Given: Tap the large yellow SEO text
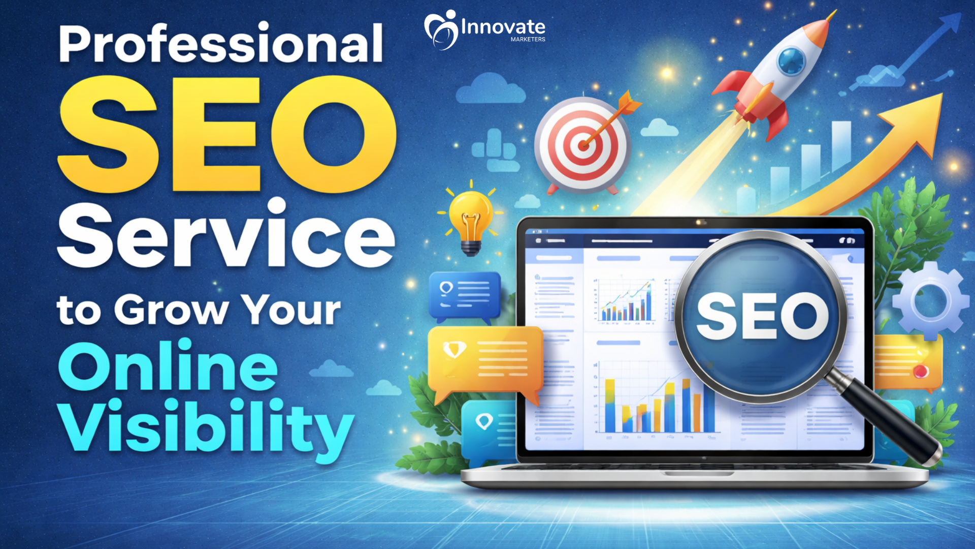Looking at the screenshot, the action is [227, 134].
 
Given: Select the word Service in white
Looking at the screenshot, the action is [226, 234].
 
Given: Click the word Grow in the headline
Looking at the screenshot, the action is [171, 310].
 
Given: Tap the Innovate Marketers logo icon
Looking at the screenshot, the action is [441, 29].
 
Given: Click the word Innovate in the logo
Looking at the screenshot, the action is [503, 26].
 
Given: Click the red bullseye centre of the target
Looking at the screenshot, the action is [583, 145].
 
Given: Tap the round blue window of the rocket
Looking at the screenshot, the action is [792, 62].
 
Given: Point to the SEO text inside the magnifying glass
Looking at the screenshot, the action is [762, 316].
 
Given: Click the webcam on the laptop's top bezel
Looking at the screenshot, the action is [700, 223].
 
